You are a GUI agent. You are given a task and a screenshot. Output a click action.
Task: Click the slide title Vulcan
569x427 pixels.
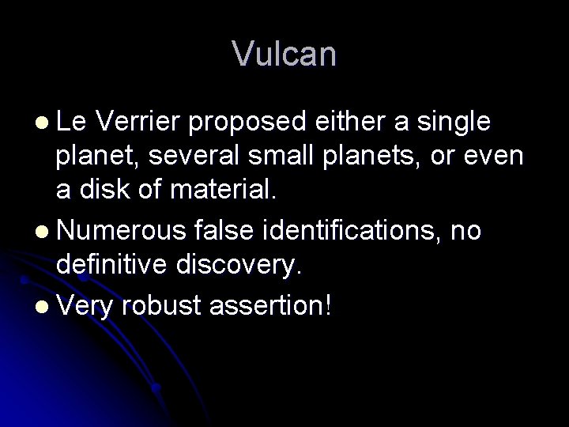coord(284,54)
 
